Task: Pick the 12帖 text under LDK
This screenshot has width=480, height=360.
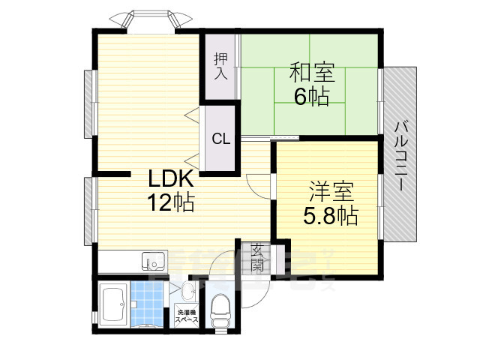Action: click(171, 202)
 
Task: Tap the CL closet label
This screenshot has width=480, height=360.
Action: click(220, 139)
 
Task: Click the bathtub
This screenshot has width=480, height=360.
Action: click(112, 304)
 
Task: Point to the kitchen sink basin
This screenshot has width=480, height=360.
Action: click(154, 262)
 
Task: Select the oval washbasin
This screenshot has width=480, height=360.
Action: click(187, 292)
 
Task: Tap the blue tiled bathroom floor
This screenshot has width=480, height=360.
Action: click(147, 304)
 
